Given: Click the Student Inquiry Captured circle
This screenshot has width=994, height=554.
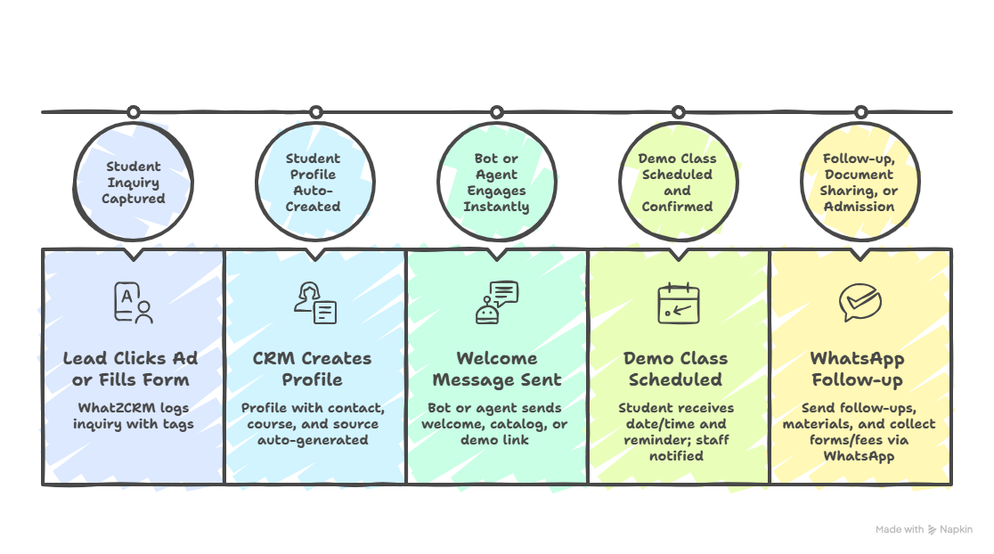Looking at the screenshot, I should (133, 183).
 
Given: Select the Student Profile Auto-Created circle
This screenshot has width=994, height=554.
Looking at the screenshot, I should (314, 183).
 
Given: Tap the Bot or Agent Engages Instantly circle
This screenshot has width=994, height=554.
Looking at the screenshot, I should (496, 183).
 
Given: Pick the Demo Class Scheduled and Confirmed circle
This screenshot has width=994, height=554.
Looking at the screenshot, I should (677, 183).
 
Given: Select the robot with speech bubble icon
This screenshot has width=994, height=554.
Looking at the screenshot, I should (496, 302).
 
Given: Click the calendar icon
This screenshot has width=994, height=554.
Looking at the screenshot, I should (678, 303).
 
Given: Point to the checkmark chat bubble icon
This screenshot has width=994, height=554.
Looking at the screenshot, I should (860, 303).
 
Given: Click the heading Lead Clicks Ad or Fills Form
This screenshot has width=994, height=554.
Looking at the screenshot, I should (131, 369).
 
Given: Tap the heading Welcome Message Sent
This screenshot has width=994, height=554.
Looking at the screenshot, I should (496, 369).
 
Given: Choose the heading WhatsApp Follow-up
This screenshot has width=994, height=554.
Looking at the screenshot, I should (857, 369).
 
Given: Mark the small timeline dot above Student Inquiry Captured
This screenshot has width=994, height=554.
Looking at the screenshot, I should (134, 112).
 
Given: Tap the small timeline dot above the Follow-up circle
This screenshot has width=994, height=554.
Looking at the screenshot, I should (860, 112).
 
